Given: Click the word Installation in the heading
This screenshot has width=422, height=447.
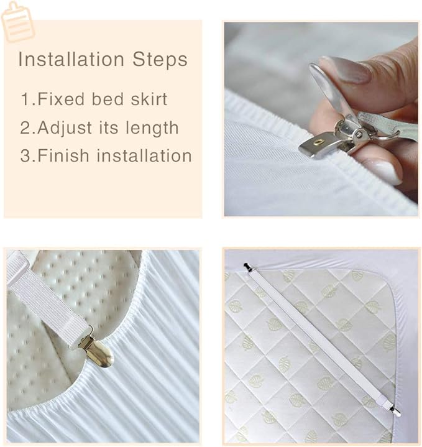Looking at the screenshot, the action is coord(71,59).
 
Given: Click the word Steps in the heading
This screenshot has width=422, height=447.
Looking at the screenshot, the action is coord(160,59).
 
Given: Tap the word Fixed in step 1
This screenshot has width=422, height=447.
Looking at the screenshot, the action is coord(61,99).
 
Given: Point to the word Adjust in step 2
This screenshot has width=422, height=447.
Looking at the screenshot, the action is coord(65,127).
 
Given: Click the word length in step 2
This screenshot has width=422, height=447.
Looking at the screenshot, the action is coord(152,127).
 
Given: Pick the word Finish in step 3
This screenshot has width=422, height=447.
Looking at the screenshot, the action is coord(63,155).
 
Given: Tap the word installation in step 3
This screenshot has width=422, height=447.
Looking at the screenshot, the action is coord(144,155).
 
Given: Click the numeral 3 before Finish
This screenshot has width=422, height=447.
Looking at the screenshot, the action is coord(25,155).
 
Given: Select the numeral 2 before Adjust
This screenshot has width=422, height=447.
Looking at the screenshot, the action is coord(25,127).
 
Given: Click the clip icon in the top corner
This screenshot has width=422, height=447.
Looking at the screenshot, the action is coord(17,21).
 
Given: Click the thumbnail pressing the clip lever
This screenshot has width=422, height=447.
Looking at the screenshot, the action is coord(344,70).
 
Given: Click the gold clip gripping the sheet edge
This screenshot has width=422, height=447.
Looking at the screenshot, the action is coord(96,350).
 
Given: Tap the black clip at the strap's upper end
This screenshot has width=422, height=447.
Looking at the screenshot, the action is coord(248,268).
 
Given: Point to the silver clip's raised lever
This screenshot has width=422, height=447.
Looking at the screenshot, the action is coord(331,88).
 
